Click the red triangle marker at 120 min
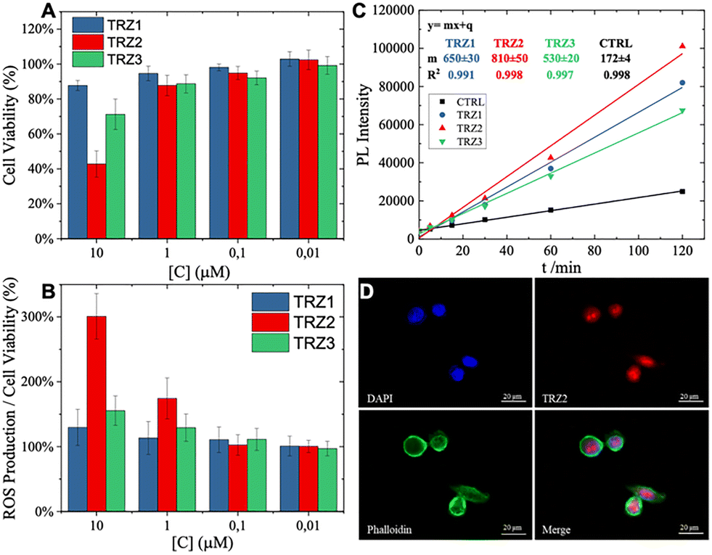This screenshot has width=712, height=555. point(682,46)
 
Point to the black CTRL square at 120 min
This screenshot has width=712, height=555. point(682,192)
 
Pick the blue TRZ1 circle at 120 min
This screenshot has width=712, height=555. point(682,83)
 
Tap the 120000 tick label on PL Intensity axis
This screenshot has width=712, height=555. point(389,10)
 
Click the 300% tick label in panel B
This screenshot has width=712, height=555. point(41,317)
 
